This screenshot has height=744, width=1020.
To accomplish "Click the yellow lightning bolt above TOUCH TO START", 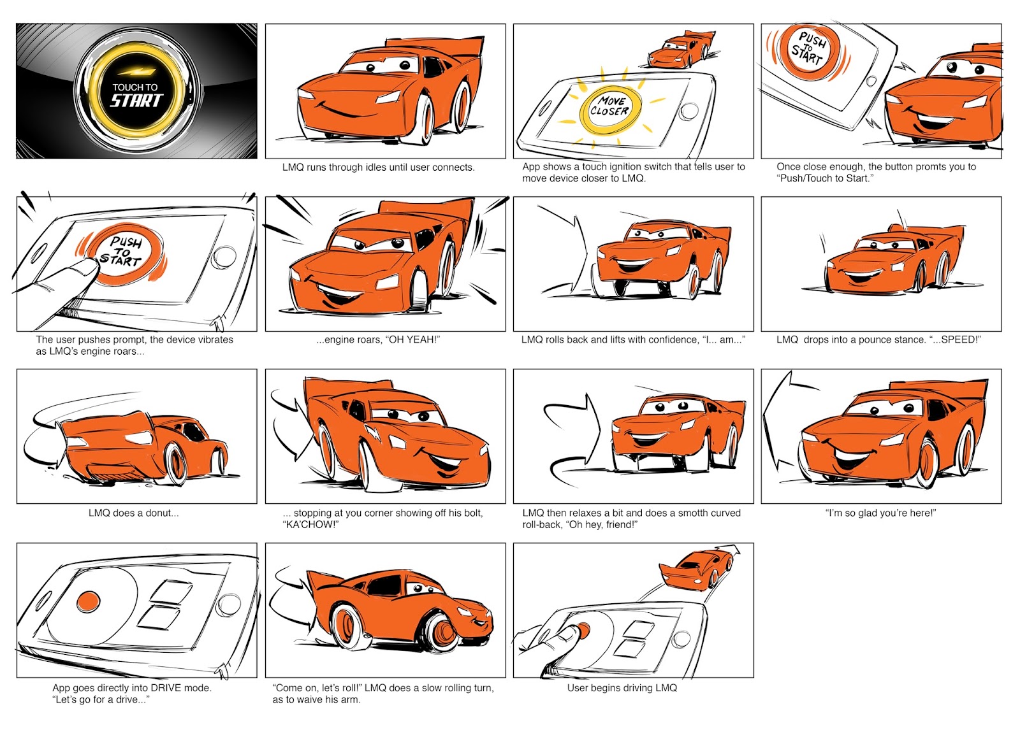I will tap(136, 73).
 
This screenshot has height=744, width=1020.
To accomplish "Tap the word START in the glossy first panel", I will tap(136, 101).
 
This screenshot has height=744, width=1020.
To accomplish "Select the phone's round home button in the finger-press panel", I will tap(224, 257).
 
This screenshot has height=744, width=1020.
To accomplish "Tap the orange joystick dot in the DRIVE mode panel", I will tap(89, 601).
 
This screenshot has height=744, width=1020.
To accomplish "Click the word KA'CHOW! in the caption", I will tap(310, 525).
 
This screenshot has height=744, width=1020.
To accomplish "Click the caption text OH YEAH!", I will tap(414, 340).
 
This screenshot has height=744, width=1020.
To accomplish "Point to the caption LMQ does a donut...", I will tap(133, 513).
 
